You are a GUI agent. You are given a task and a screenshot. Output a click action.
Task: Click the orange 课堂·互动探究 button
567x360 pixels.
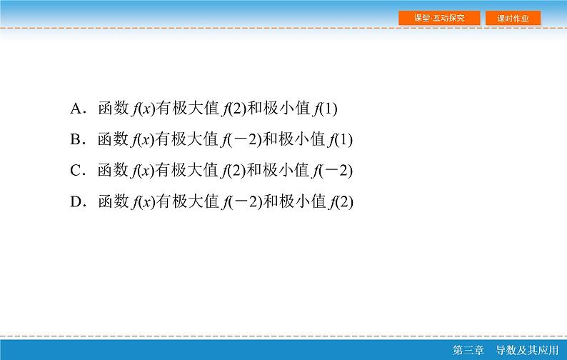[x=439, y=18]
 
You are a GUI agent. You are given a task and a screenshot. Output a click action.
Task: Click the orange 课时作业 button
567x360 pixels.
[x=513, y=18]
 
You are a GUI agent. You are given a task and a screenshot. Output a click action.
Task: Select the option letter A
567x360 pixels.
[x=77, y=109]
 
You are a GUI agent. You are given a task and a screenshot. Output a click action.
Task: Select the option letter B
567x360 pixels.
[x=77, y=140]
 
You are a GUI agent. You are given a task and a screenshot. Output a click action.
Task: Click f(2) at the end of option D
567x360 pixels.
[x=342, y=202]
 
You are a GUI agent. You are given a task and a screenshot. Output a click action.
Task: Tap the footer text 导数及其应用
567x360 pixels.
[x=526, y=351]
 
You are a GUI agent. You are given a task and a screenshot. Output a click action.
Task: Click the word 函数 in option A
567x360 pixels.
[x=113, y=109]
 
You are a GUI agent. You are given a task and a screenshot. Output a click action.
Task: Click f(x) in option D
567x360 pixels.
[x=143, y=202]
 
